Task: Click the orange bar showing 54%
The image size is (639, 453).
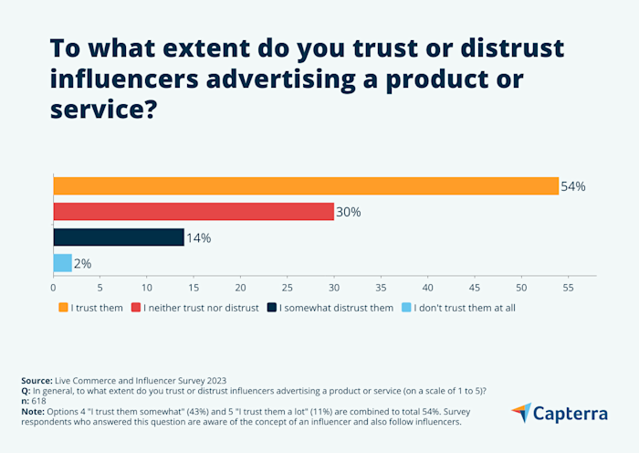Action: pos(306,186)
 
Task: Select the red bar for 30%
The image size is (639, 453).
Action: pos(194,212)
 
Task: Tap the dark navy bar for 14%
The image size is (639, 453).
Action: pos(119,237)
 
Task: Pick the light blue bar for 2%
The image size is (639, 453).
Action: pos(63,263)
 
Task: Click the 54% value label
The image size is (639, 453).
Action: pos(573,186)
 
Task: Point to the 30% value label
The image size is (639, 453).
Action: pos(349,212)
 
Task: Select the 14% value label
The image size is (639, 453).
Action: pos(199,237)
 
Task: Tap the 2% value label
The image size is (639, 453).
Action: pos(83,263)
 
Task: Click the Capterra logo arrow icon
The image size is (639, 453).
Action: pos(521,413)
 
